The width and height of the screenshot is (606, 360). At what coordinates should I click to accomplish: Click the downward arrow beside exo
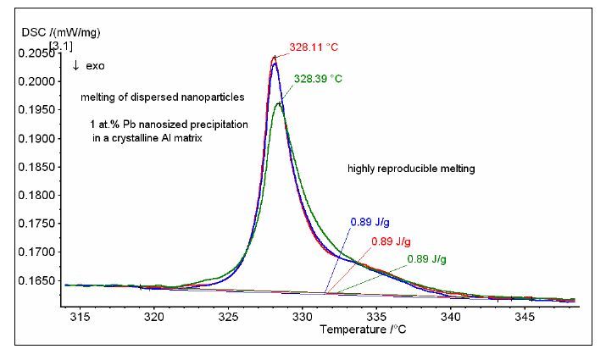point(75,65)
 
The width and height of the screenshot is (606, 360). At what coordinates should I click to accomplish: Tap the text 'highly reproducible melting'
point(411,169)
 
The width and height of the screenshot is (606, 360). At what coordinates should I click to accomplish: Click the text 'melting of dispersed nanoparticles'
point(153,97)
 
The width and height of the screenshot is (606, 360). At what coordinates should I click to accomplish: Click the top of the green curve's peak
point(279,103)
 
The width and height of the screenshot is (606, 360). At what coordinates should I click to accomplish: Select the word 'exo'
point(96,65)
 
